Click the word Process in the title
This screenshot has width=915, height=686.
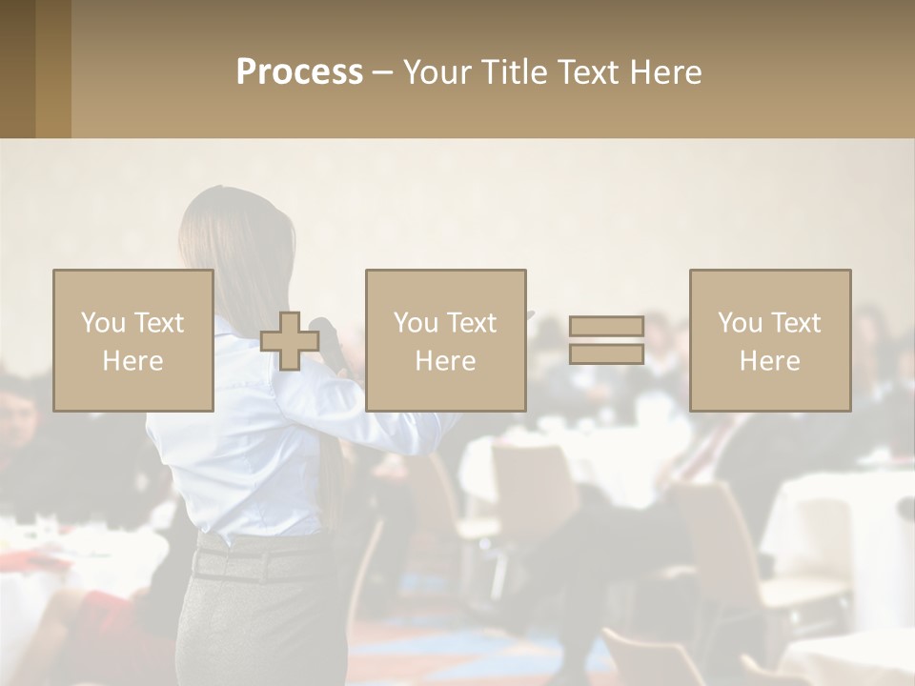[299, 72]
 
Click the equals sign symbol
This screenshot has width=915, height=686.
[606, 340]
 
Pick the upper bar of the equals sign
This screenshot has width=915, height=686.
[606, 326]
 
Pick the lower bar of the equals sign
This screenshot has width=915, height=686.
[606, 354]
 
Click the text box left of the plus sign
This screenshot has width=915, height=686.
[132, 340]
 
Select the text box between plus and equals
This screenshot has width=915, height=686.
[445, 340]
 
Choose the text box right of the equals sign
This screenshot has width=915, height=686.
[769, 340]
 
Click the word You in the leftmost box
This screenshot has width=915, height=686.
[102, 323]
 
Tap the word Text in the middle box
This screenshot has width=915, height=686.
[471, 323]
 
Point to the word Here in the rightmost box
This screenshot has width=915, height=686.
[769, 361]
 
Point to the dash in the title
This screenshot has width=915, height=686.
[382, 73]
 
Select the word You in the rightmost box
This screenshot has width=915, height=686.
[739, 323]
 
